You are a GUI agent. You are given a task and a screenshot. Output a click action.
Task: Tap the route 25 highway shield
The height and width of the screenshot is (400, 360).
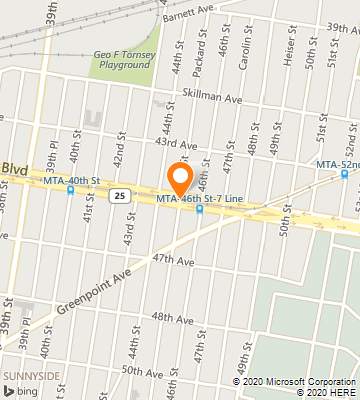point(118,195)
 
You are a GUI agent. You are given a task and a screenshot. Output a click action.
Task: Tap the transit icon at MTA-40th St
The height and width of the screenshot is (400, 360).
point(70,190)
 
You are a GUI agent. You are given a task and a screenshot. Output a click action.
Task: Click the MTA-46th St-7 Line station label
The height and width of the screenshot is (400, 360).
point(198,200)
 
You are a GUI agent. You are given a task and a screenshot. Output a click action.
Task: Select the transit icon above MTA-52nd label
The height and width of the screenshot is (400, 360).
point(344,173)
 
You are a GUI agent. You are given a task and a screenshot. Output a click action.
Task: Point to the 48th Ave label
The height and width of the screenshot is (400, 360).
point(171,317)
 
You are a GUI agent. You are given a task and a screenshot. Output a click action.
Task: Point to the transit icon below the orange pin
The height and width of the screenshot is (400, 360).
point(199,210)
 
